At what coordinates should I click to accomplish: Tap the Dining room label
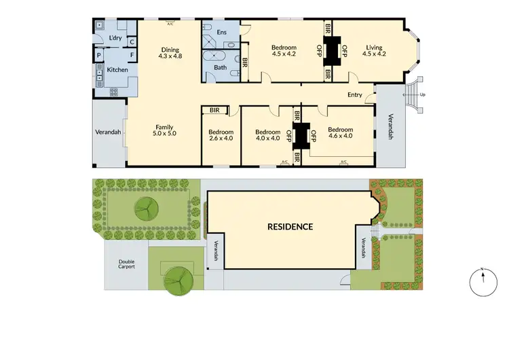pos(170,49)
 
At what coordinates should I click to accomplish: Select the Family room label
pos(165,127)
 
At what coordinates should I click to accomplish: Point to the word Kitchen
pos(117,70)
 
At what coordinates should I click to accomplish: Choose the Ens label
pos(221,32)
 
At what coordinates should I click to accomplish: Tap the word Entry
pos(354,95)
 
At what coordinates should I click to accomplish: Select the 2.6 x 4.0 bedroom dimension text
pos(221,139)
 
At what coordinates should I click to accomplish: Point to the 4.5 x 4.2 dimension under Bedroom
pos(285,54)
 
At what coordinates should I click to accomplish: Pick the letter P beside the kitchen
pos(99,55)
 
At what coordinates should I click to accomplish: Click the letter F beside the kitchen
pos(132,55)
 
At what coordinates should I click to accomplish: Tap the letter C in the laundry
pos(132,41)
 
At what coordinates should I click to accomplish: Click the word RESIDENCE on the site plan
pos(290,227)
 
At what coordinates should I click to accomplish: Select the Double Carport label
pos(126,264)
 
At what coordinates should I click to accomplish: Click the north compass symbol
pos(480,281)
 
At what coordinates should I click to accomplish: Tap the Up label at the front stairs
pos(423,94)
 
